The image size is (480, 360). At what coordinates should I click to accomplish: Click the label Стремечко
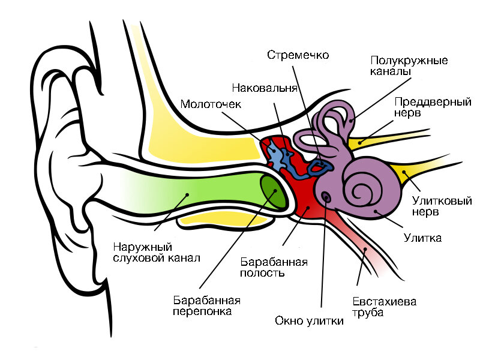(x=298, y=55)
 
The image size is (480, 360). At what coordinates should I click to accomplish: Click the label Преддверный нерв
(x=431, y=107)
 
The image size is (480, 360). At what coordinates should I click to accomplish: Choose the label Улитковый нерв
(x=442, y=206)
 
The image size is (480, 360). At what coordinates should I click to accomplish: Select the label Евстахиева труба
(x=384, y=307)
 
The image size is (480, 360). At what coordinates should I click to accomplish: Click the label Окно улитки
(x=309, y=320)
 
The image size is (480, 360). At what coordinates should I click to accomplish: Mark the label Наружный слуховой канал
(x=156, y=253)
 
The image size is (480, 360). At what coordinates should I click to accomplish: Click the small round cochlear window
(x=326, y=197)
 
